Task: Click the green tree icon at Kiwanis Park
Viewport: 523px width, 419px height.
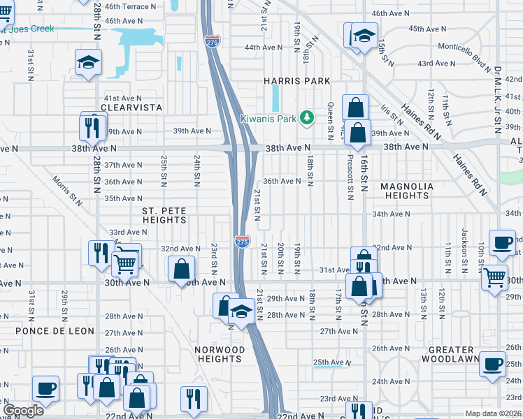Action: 306,117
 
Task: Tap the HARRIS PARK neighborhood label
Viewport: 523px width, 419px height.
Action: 296,81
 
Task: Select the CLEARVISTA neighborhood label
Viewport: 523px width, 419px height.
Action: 131,108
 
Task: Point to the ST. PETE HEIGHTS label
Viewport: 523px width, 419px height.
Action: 164,214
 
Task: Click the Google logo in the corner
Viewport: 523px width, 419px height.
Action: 23,411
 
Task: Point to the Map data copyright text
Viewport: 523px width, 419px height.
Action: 494,413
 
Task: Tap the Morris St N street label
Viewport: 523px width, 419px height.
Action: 67,190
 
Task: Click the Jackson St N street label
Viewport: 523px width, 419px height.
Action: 464,243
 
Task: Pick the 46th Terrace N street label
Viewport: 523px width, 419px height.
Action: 127,6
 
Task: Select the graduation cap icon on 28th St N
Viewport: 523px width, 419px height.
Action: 89,61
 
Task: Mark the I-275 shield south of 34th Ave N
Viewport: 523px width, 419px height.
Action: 242,241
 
